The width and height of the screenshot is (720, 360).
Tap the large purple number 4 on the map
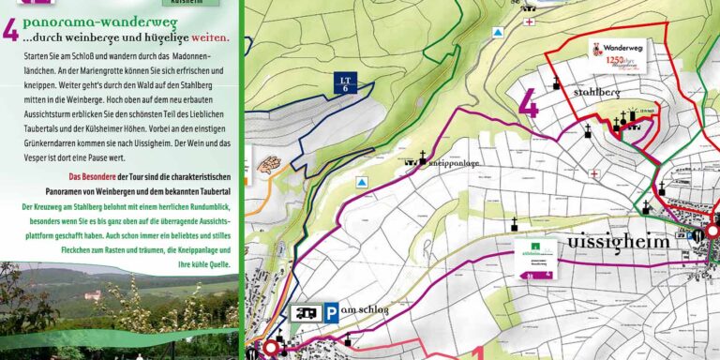click(529, 102)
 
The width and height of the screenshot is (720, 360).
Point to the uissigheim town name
click(618, 242)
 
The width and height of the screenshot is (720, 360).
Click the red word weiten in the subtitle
click(210, 38)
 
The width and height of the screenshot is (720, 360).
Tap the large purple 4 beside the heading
click(10, 30)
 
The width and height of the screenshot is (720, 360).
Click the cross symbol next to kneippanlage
click(422, 157)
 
